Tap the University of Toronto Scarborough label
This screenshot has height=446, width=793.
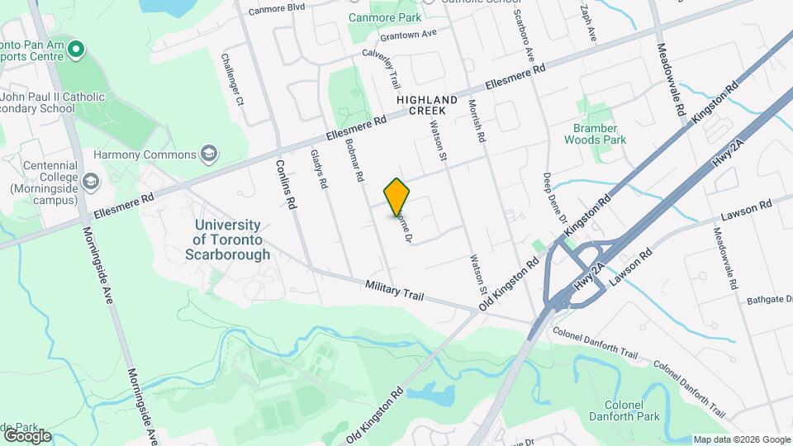point(227,240)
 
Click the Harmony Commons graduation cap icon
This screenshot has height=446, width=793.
point(210,154)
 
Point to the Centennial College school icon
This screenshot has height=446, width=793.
point(90,180)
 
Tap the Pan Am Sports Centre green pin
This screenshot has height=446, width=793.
point(76,50)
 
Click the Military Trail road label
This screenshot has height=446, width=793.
point(394,290)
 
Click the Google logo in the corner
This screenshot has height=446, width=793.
point(27,435)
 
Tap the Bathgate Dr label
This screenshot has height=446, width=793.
point(769,300)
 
